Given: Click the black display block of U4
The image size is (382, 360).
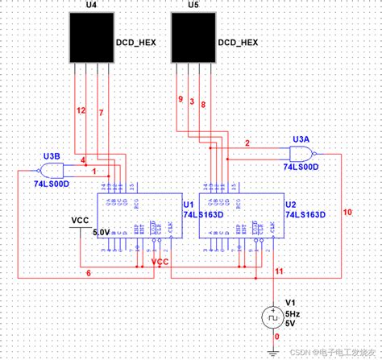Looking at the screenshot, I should click(90, 39).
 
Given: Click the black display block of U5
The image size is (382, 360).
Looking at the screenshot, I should click(193, 39).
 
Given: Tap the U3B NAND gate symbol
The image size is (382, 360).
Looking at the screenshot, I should click(51, 168).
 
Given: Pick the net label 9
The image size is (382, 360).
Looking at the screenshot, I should click(180, 100).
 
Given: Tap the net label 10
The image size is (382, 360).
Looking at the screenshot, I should click(347, 213).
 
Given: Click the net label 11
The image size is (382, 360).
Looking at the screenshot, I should click(277, 272).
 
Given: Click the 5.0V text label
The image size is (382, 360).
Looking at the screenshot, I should click(102, 232).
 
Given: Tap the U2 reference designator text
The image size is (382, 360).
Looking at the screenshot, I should click(291, 205).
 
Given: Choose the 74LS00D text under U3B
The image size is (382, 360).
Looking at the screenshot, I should click(50, 184).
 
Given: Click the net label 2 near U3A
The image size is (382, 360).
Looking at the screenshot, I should click(247, 143).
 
